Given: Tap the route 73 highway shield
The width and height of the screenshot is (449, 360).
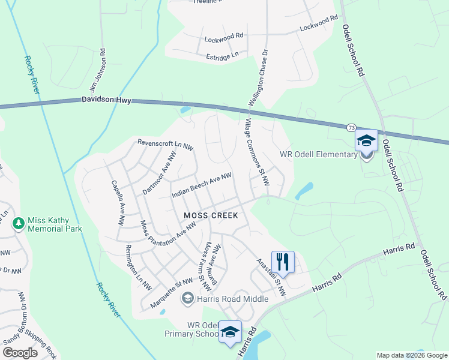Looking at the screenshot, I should pyautogui.click(x=351, y=127).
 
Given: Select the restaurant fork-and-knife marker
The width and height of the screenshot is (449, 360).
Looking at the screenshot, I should pyautogui.click(x=283, y=262).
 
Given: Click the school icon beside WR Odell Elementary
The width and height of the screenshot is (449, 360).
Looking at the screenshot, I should pyautogui.click(x=366, y=142).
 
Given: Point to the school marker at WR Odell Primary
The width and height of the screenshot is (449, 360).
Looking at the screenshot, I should pyautogui.click(x=230, y=332).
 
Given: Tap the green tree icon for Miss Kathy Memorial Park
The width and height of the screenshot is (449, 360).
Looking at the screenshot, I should pyautogui.click(x=19, y=223).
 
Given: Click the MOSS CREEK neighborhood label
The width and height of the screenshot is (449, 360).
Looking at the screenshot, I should pyautogui.click(x=211, y=215).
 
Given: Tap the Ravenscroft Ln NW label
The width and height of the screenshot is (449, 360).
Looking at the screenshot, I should pyautogui.click(x=166, y=145).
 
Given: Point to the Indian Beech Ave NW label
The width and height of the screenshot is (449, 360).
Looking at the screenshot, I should pyautogui.click(x=202, y=185).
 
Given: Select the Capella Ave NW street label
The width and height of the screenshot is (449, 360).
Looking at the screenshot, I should pyautogui.click(x=117, y=203).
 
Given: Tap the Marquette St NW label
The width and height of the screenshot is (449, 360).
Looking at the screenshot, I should pyautogui.click(x=172, y=292).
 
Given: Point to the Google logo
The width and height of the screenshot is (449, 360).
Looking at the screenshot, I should pyautogui.click(x=20, y=353).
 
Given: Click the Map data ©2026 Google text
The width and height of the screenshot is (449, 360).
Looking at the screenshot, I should pyautogui.click(x=411, y=355).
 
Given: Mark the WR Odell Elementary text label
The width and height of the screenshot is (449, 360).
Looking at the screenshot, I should pyautogui.click(x=319, y=155).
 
